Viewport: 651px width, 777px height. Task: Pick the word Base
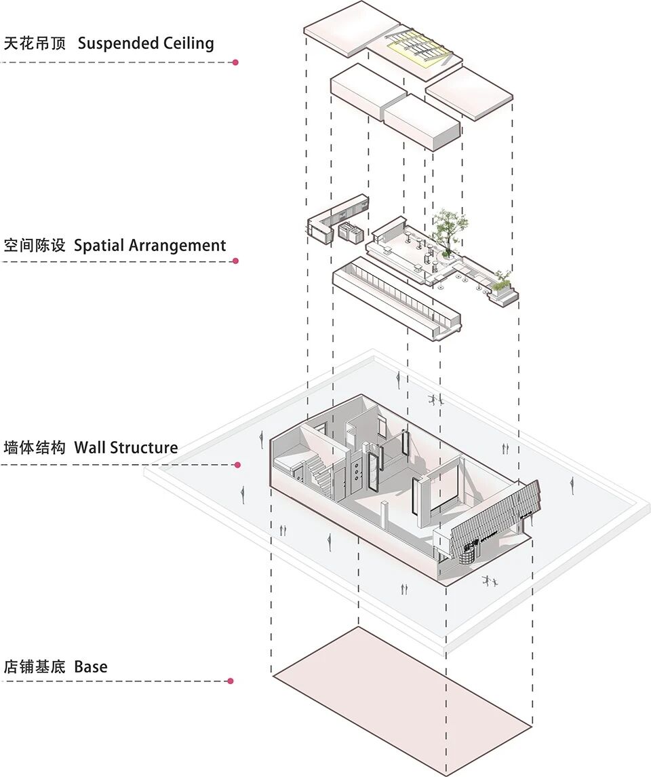coord(91,667)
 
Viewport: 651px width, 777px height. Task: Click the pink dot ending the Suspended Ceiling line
coord(235,62)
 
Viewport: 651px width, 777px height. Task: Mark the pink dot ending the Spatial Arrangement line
coord(235,261)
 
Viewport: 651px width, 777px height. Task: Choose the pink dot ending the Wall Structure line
coord(237,465)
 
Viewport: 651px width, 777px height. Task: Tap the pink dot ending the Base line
coord(231,681)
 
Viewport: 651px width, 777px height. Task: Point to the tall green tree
coord(447,227)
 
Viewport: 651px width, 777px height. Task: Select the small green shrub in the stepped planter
coord(502,278)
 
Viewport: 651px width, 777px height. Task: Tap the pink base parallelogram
coord(400,699)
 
